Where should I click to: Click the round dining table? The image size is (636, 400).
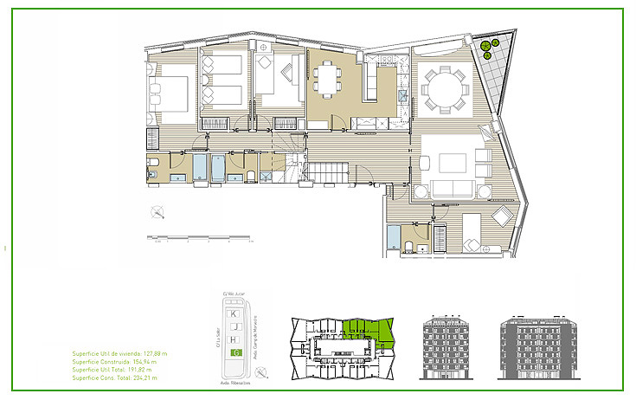(x=442, y=87)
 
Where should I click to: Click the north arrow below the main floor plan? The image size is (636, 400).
(x=157, y=211)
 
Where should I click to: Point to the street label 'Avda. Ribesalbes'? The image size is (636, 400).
(x=236, y=378)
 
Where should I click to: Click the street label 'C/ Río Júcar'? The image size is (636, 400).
(x=236, y=292)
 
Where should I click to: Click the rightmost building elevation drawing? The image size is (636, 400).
(x=533, y=348)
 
